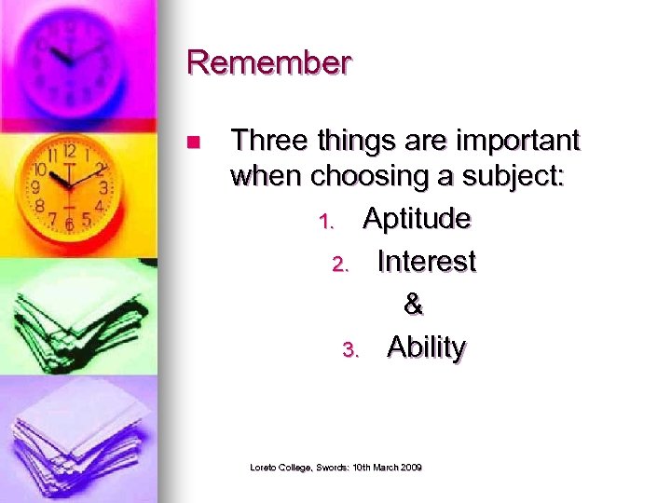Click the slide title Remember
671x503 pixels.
pos(268,62)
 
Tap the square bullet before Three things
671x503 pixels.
pos(193,143)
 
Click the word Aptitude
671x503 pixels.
pos(417,219)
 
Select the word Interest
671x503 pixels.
pos(426,262)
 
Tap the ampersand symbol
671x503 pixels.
pos(413,305)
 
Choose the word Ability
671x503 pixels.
pos(426,347)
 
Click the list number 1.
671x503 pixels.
pos(325,223)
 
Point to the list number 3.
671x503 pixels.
pos(349,351)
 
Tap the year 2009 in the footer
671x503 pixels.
pos(410,466)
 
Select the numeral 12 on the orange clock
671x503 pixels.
pos(69,151)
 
